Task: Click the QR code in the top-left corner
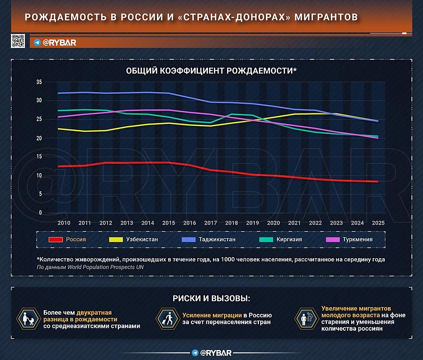[x=18, y=41]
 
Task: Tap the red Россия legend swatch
[x=55, y=239]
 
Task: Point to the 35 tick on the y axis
[x=39, y=82]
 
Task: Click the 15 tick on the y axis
[x=39, y=157]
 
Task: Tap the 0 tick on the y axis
[x=40, y=213]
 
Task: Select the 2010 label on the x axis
[x=64, y=223]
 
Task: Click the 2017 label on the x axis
[x=210, y=223]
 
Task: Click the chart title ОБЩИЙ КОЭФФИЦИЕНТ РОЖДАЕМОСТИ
[x=211, y=71]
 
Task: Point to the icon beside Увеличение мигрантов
[x=304, y=319]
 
